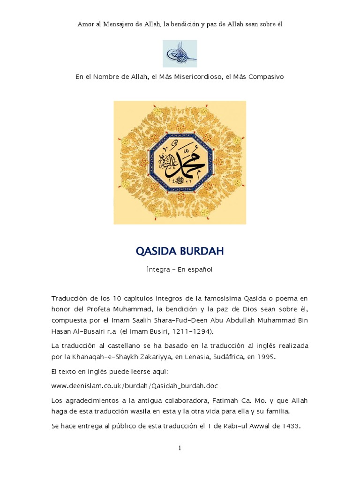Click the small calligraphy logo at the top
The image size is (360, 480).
click(180, 53)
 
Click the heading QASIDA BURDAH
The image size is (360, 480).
click(180, 251)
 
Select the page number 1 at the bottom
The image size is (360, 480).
click(180, 448)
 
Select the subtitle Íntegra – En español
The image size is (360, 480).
click(180, 270)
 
